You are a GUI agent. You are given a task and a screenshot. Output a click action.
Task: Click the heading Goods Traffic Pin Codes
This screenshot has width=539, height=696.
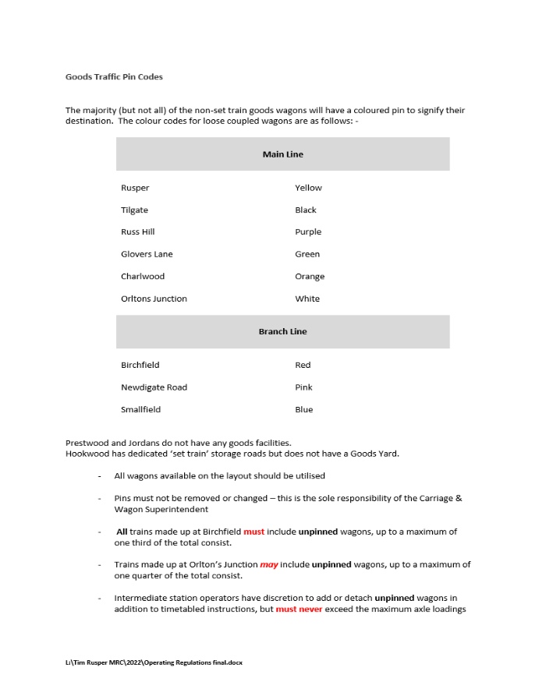pos(114,77)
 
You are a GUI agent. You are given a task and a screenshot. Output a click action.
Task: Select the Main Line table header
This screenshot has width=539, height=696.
pos(282,154)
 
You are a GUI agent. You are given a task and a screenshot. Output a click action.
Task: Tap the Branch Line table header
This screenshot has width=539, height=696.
pos(282,331)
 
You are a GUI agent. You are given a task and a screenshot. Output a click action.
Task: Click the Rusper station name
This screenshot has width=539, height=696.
pos(135,188)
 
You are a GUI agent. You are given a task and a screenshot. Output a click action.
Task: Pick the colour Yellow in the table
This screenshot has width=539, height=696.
pos(308,188)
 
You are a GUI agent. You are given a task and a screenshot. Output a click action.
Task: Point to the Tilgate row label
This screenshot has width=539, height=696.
pos(134,210)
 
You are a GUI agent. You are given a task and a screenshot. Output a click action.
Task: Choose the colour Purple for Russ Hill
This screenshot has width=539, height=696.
pos(308,231)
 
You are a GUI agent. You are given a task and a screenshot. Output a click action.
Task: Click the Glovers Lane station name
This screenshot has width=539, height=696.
pos(147,254)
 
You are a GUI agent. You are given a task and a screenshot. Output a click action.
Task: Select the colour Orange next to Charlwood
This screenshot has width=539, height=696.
pos(310,276)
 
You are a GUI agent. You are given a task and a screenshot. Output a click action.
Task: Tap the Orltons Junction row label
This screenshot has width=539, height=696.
pos(154,299)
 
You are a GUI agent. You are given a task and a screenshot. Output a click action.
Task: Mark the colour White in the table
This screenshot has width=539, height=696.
pos(307,299)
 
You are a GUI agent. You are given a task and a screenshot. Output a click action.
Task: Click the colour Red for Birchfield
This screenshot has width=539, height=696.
pos(303,365)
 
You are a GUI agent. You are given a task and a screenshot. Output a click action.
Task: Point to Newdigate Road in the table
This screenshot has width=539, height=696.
pos(154,387)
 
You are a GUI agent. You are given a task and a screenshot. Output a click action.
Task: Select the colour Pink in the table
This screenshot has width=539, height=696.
pos(303,387)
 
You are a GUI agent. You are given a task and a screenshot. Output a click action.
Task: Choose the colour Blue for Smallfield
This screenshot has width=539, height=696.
pos(303,409)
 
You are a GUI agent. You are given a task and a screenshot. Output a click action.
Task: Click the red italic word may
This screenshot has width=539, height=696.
pos(268,564)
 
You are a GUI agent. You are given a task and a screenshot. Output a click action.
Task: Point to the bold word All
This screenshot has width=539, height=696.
pos(122,532)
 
